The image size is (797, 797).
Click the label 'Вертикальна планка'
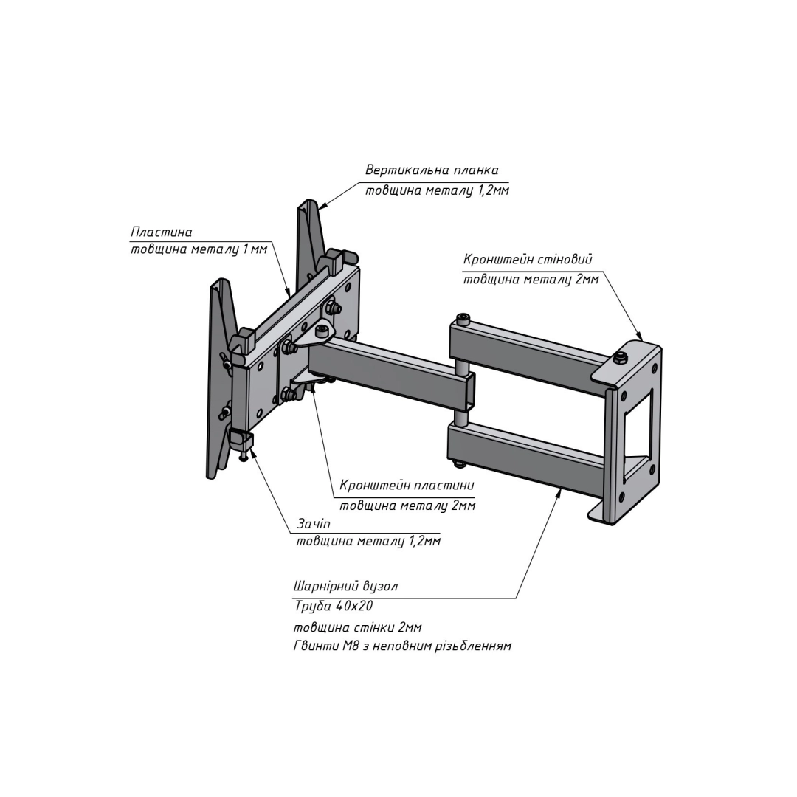[432, 170]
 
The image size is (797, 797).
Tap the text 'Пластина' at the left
[162, 232]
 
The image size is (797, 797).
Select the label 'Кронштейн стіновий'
[527, 260]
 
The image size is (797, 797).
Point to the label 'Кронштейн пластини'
[407, 486]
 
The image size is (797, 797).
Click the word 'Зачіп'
[314, 524]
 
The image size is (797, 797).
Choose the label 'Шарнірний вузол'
[345, 587]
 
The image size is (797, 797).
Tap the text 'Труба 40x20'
[334, 607]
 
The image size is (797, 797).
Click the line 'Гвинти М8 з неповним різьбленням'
[401, 646]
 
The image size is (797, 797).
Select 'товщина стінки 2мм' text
[357, 627]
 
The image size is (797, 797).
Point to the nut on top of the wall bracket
[621, 359]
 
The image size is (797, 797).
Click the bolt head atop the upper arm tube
[463, 319]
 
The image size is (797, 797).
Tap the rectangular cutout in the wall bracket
[638, 428]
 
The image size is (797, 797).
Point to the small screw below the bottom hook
[244, 458]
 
